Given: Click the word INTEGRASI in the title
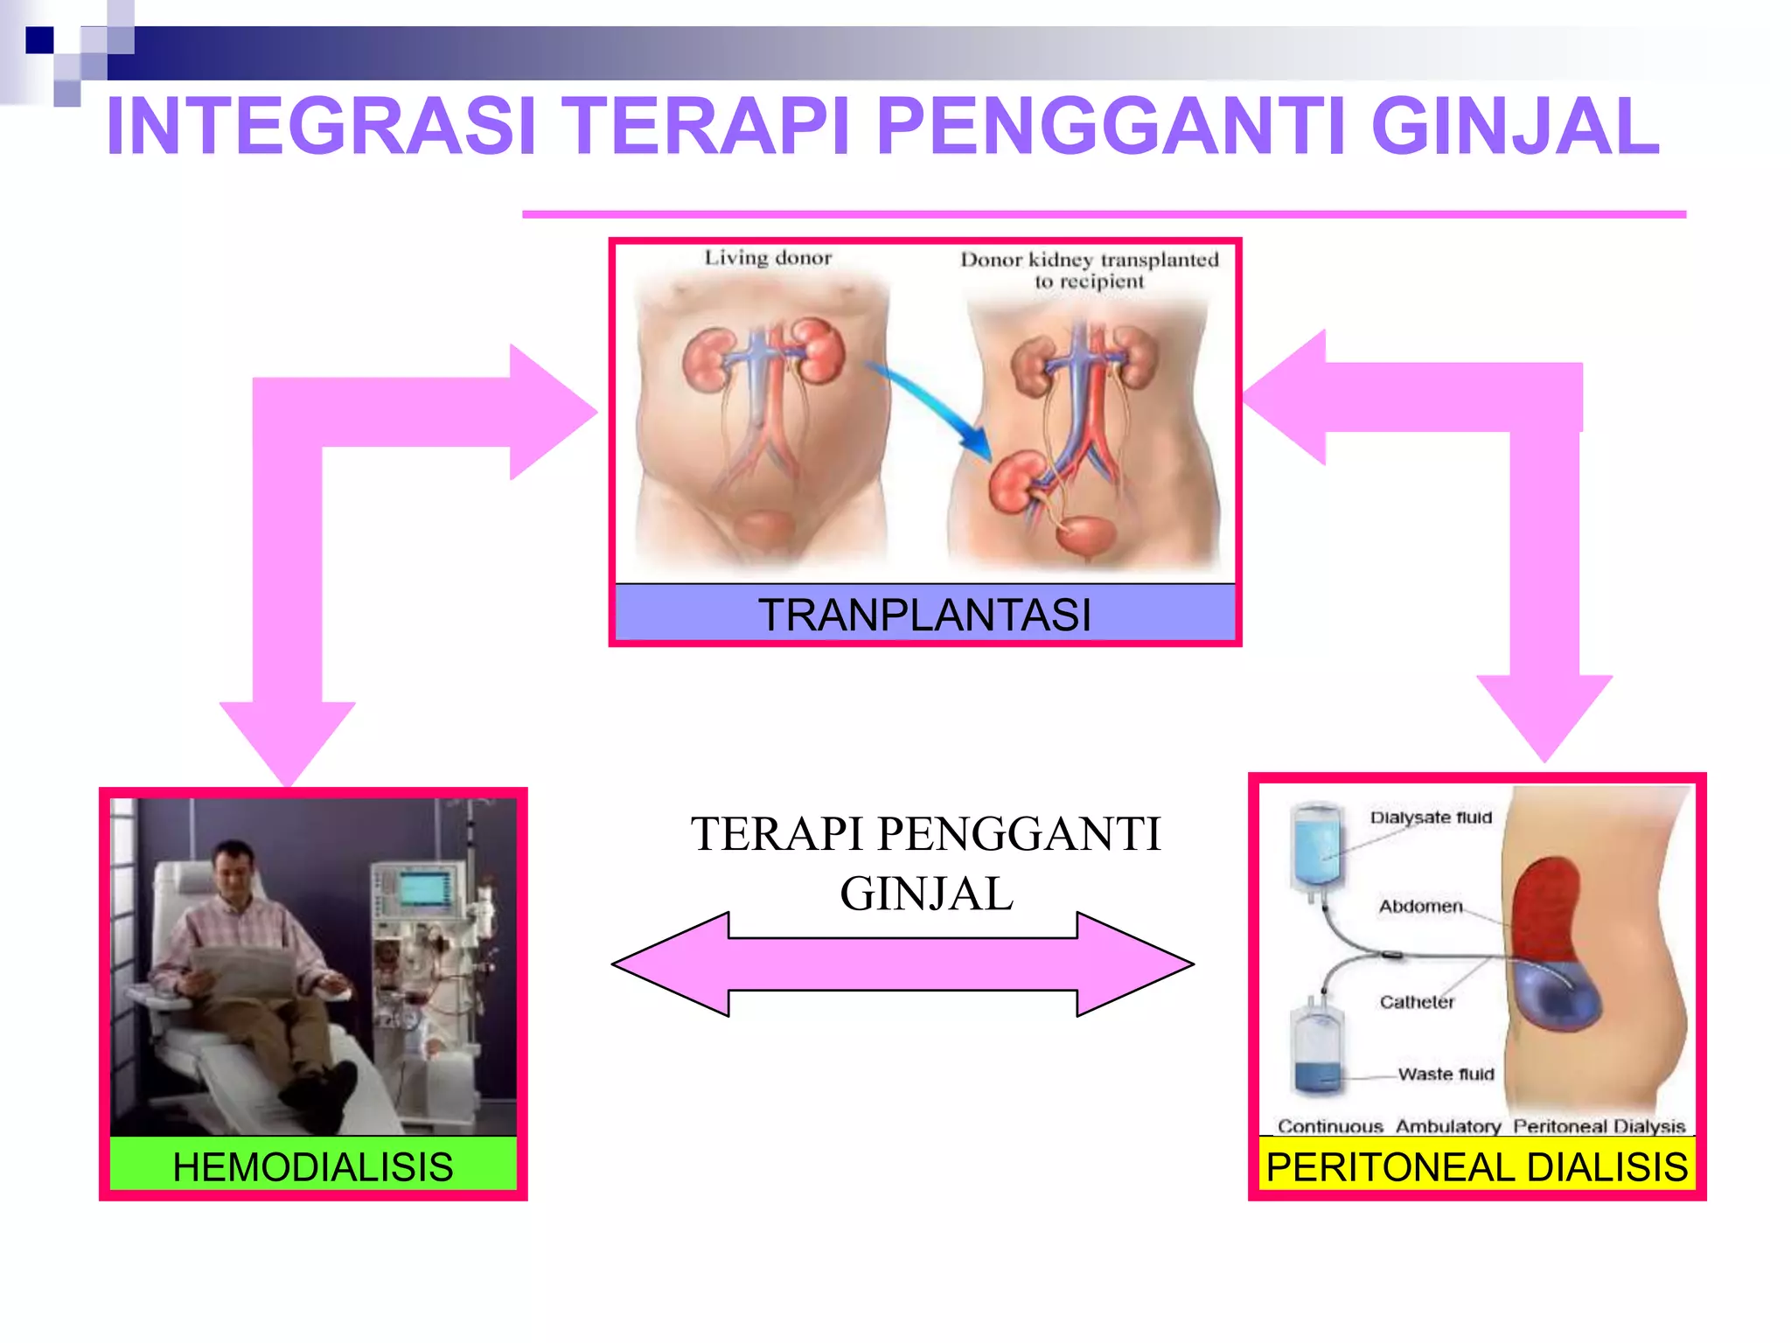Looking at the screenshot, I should click(x=320, y=127).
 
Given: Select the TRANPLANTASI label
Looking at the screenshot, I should click(x=924, y=614).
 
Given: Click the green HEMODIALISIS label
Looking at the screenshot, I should click(x=313, y=1166).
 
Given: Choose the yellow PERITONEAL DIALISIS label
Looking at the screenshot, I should click(x=1476, y=1166).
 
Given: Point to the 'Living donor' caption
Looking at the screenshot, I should click(x=768, y=258).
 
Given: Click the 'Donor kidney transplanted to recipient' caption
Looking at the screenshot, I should click(x=1089, y=270).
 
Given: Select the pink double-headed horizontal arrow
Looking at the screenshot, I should click(x=902, y=964).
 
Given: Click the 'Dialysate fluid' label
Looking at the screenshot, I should click(x=1431, y=818).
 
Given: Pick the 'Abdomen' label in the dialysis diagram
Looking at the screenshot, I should click(x=1420, y=906).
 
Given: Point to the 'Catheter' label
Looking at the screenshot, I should click(x=1417, y=1002).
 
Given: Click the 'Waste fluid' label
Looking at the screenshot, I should click(x=1446, y=1074).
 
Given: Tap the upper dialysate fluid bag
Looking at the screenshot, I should click(x=1317, y=846).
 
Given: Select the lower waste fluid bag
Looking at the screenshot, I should click(x=1317, y=1049).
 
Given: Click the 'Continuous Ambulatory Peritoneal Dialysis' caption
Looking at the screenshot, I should click(x=1481, y=1126).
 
